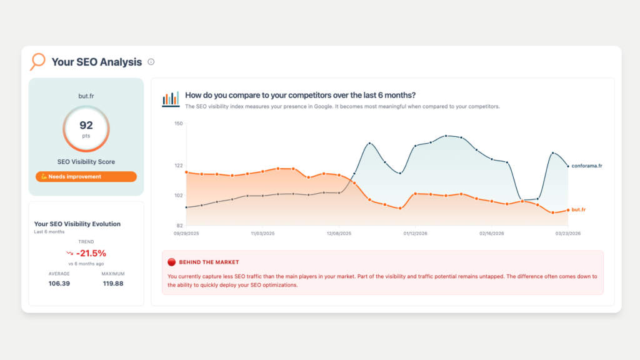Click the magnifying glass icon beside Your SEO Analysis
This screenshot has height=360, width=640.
pos(38,61)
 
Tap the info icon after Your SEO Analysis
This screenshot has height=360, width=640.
pos(151,62)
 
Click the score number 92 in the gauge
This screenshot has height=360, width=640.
pos(86,126)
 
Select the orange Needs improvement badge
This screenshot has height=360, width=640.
pos(86,177)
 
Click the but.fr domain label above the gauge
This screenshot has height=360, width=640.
pos(86,97)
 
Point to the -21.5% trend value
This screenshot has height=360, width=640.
pos(91,253)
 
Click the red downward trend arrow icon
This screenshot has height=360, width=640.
pos(69,253)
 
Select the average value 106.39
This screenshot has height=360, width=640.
pos(59,284)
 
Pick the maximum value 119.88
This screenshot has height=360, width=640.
pos(113,284)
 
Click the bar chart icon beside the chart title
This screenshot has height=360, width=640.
pos(171,99)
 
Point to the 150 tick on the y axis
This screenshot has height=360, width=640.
pos(178,124)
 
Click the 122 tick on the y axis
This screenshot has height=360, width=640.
pos(178,166)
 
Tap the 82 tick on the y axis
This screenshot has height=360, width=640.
pos(178,225)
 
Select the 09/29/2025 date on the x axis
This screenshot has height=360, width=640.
pos(186,233)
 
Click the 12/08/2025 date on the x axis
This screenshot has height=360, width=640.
pos(339,233)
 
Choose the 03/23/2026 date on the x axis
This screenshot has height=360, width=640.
pos(567,233)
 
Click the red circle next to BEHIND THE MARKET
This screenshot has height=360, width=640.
pos(172,262)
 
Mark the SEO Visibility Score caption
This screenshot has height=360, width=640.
pos(86,162)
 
